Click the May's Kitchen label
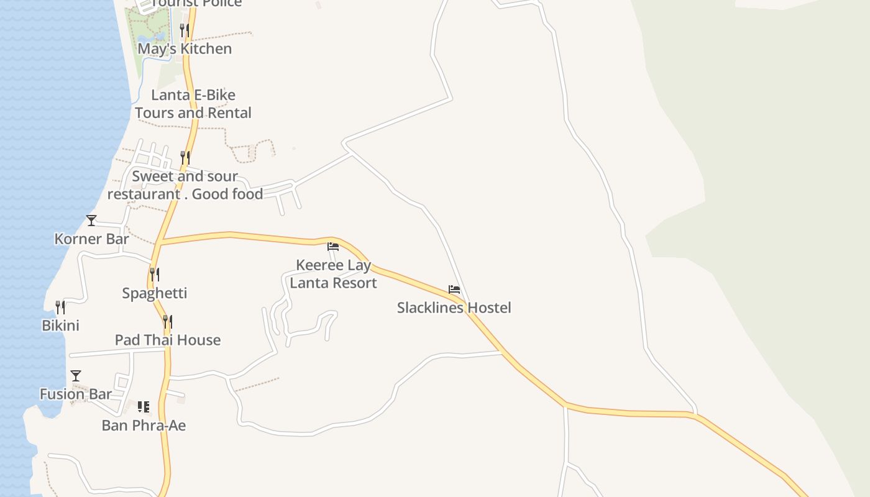(x=185, y=48)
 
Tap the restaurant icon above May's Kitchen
(x=185, y=29)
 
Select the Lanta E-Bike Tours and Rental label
(x=193, y=104)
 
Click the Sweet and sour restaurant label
(x=185, y=185)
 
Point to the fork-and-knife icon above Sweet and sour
(x=185, y=157)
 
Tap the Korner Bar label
(x=92, y=239)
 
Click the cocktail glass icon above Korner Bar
(x=91, y=221)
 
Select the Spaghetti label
(x=155, y=293)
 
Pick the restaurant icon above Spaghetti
(x=155, y=274)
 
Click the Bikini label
(x=60, y=326)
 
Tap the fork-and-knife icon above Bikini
(x=60, y=307)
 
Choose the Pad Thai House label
(x=168, y=340)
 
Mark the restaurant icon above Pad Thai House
(x=168, y=321)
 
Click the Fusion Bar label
(x=76, y=394)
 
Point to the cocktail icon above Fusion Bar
(x=76, y=375)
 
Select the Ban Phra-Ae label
(x=144, y=426)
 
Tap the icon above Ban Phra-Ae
(x=144, y=407)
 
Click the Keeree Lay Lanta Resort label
(x=334, y=274)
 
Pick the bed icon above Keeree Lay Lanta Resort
(x=333, y=246)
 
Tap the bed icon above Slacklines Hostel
(x=454, y=290)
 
